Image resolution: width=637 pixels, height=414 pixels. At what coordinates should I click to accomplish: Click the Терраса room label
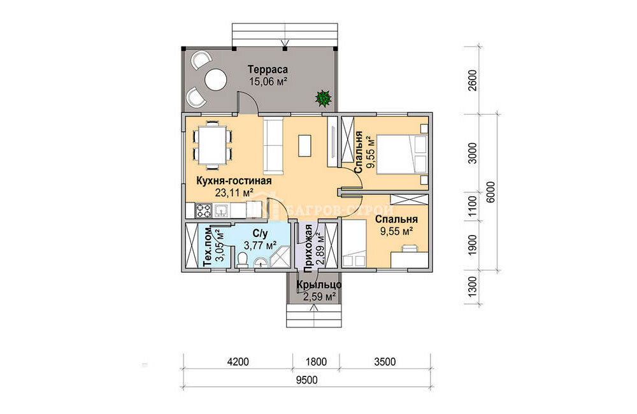[x=268, y=69]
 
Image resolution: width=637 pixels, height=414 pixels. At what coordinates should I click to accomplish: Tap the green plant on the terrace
[x=324, y=98]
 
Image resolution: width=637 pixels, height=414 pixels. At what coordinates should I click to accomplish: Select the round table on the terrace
[x=215, y=80]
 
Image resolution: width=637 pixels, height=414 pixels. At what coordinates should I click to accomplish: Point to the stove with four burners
[x=204, y=210]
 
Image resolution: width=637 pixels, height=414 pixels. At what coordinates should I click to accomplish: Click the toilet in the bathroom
[x=243, y=260]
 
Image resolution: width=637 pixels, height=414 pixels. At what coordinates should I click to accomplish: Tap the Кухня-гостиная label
[x=234, y=181]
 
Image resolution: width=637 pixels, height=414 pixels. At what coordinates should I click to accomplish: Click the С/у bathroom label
[x=261, y=234]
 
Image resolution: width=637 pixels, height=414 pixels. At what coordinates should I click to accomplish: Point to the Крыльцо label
[x=319, y=285]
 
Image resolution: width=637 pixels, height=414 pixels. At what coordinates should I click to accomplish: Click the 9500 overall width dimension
[x=307, y=380]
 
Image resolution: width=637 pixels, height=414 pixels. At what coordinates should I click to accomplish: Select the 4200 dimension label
[x=238, y=362]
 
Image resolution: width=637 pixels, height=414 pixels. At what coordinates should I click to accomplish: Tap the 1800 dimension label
[x=316, y=362]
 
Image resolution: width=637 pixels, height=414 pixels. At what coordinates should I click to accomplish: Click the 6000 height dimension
[x=490, y=192]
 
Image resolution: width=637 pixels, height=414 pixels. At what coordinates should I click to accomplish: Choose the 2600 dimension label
[x=473, y=81]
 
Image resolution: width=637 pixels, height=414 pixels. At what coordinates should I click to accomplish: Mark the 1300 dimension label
[x=473, y=287]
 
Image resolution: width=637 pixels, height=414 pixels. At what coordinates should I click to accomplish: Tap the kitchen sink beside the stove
[x=222, y=210]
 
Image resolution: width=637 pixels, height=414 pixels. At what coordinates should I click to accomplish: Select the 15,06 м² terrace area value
[x=268, y=82]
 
